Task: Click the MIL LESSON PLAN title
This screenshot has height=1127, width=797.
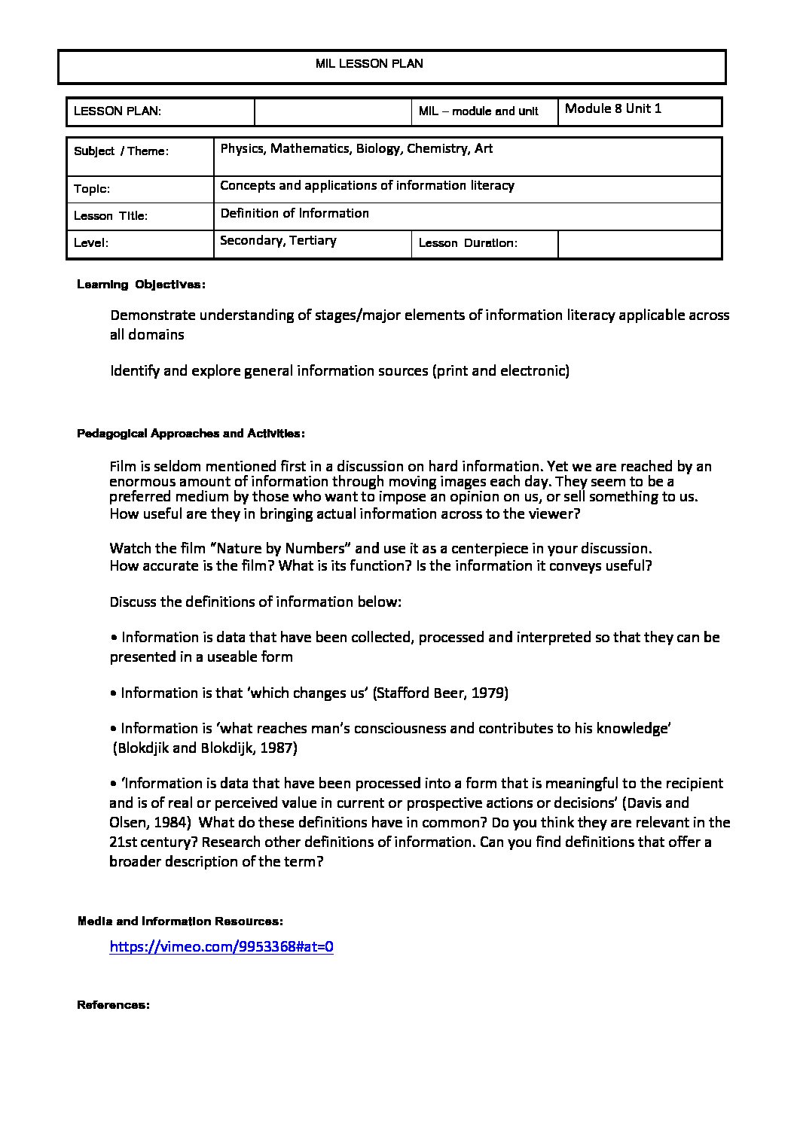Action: pyautogui.click(x=369, y=64)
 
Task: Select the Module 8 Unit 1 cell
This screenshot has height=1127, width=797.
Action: pyautogui.click(x=612, y=108)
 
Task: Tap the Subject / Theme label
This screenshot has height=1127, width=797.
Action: pyautogui.click(x=121, y=151)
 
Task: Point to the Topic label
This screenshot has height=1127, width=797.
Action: pyautogui.click(x=92, y=189)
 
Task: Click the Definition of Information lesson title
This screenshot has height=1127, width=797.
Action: pyautogui.click(x=295, y=214)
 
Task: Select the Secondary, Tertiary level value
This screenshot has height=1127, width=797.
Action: pyautogui.click(x=278, y=241)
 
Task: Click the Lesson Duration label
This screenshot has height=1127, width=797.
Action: pyautogui.click(x=467, y=243)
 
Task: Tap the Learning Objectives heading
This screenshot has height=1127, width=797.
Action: pyautogui.click(x=141, y=285)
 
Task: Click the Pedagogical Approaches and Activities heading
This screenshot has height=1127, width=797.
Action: pyautogui.click(x=191, y=434)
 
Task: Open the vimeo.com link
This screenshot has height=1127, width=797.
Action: pyautogui.click(x=221, y=947)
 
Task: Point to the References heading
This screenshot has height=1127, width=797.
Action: pyautogui.click(x=113, y=1005)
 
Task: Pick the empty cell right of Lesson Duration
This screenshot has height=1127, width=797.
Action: pyautogui.click(x=640, y=244)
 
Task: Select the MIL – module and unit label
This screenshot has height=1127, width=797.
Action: pyautogui.click(x=478, y=111)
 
